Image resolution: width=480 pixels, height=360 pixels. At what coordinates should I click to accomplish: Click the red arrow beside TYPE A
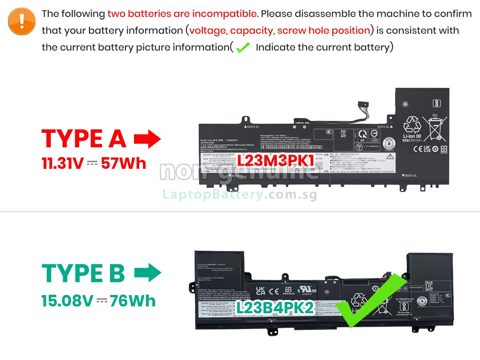(x=147, y=139)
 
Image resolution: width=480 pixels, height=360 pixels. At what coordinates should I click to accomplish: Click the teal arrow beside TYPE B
(x=147, y=273)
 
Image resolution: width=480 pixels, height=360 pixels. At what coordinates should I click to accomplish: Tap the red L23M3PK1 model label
(x=276, y=160)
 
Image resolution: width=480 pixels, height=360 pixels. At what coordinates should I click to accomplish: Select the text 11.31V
(x=63, y=163)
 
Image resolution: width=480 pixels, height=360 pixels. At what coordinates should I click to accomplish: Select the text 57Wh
(x=124, y=163)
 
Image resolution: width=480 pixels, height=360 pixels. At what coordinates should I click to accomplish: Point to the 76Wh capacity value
(x=133, y=301)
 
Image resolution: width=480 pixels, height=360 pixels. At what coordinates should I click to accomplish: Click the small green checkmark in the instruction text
(x=243, y=48)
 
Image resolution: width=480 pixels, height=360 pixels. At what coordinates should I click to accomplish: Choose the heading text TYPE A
(x=84, y=138)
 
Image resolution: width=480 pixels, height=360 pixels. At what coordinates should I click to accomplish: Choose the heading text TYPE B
(x=83, y=273)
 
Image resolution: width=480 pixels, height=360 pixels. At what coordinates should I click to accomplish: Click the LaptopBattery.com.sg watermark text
(x=240, y=195)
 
